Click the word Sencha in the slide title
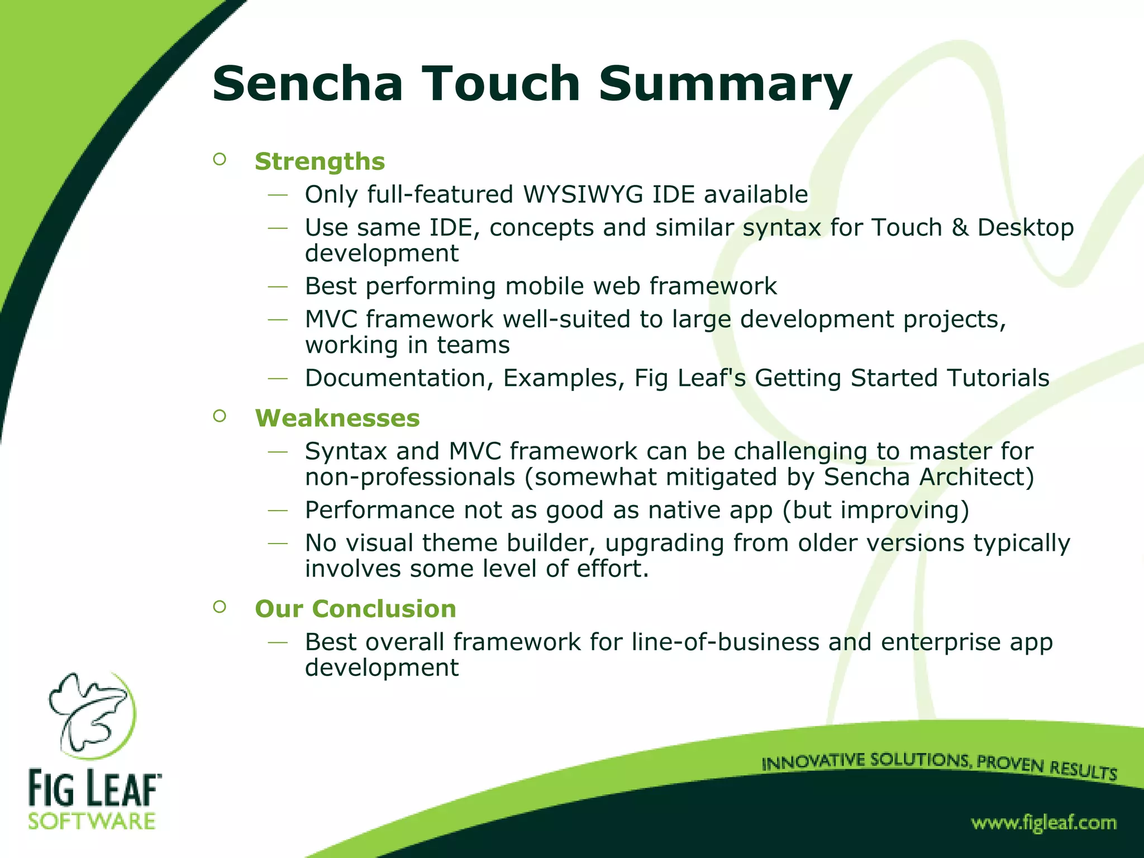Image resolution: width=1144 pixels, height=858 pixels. [x=307, y=84]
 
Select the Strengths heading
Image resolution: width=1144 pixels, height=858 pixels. [x=320, y=161]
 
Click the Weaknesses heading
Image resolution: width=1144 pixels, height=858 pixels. [x=337, y=418]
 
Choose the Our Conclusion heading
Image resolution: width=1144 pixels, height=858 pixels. [x=355, y=609]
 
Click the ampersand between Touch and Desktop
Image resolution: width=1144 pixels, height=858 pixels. [x=960, y=227]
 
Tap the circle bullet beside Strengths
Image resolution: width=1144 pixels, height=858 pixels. [x=220, y=159]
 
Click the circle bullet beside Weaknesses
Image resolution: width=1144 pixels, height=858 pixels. [x=220, y=416]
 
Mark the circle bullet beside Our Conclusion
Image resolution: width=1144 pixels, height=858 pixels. [x=220, y=607]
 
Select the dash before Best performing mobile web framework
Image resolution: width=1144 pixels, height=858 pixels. [x=278, y=287]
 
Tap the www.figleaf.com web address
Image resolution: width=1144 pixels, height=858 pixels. [x=1043, y=823]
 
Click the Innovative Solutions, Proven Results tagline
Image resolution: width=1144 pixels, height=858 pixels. [x=939, y=765]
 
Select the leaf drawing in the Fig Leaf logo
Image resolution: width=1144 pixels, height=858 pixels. [x=89, y=714]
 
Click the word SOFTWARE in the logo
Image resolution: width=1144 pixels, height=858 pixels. [x=92, y=822]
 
